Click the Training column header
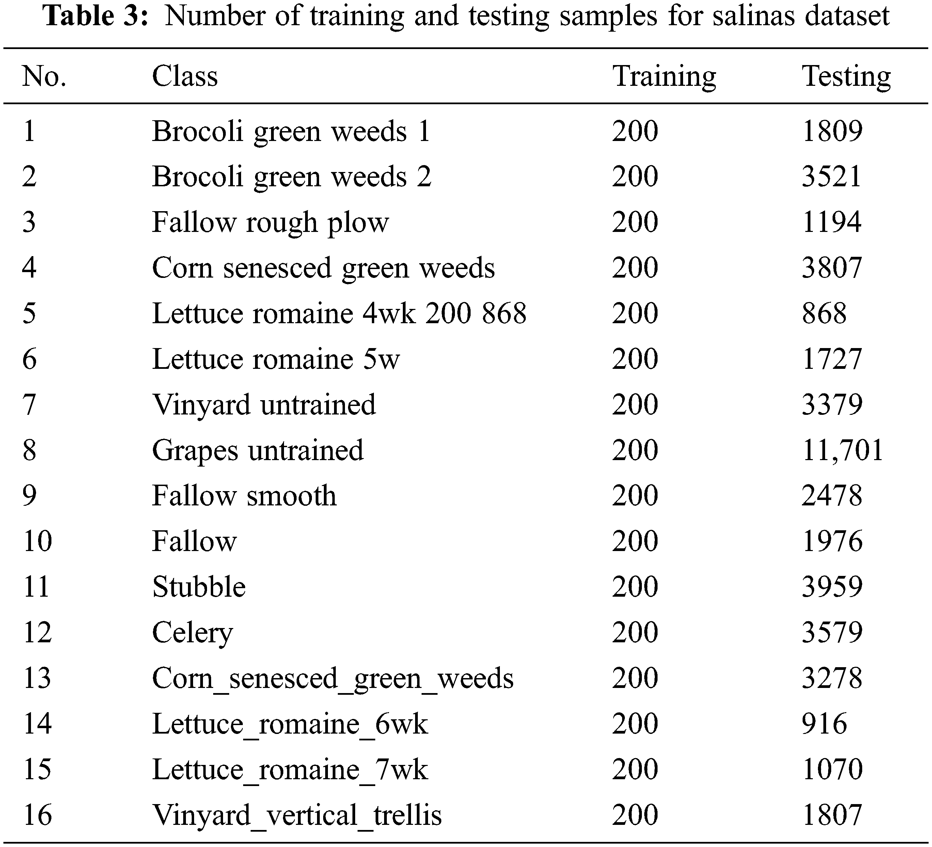pyautogui.click(x=664, y=76)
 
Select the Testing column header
pyautogui.click(x=846, y=76)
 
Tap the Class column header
pyautogui.click(x=185, y=76)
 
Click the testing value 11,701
pyautogui.click(x=842, y=450)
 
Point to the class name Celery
pyautogui.click(x=192, y=632)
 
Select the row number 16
pyautogui.click(x=37, y=815)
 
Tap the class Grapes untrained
pyautogui.click(x=257, y=450)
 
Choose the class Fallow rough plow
pyautogui.click(x=270, y=222)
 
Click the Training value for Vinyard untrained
pyautogui.click(x=635, y=405)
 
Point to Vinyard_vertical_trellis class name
pyautogui.click(x=297, y=815)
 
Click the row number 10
pyautogui.click(x=37, y=541)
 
